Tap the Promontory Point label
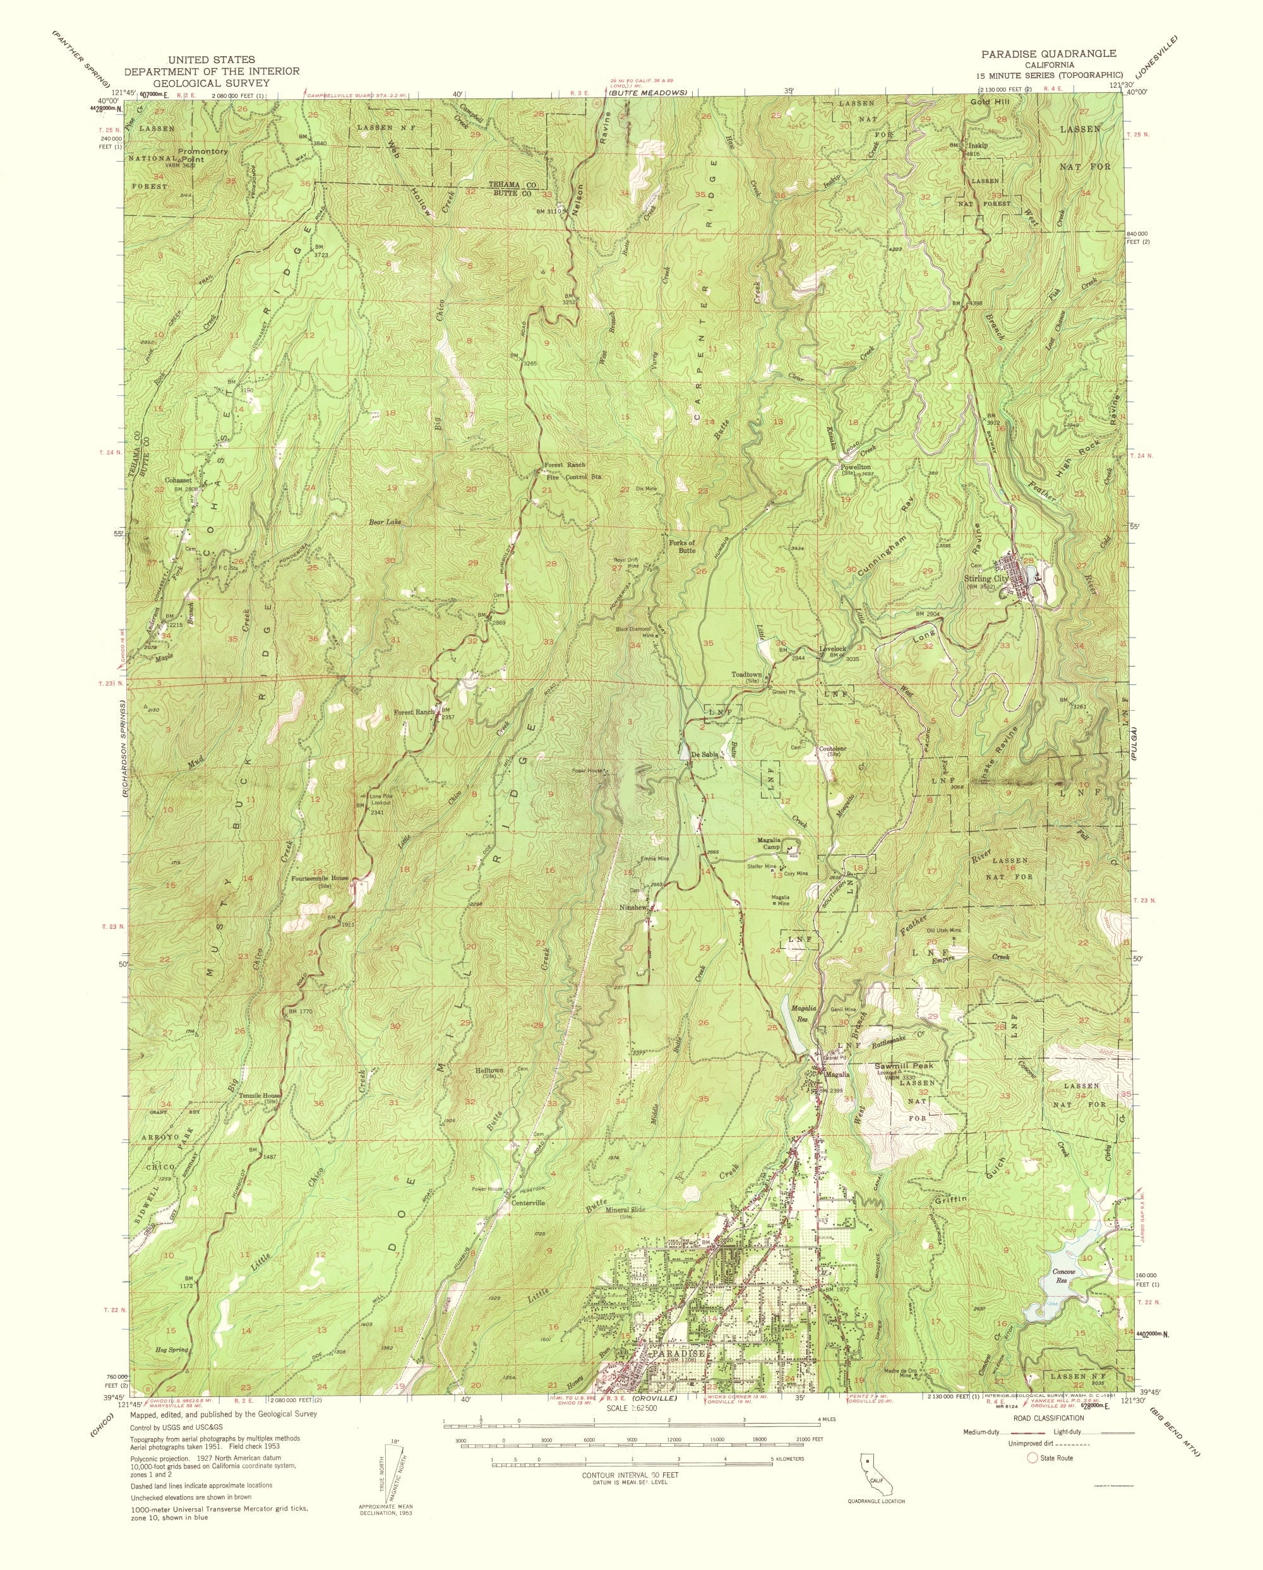(x=203, y=155)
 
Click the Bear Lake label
(x=385, y=522)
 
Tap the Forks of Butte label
(x=682, y=546)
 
